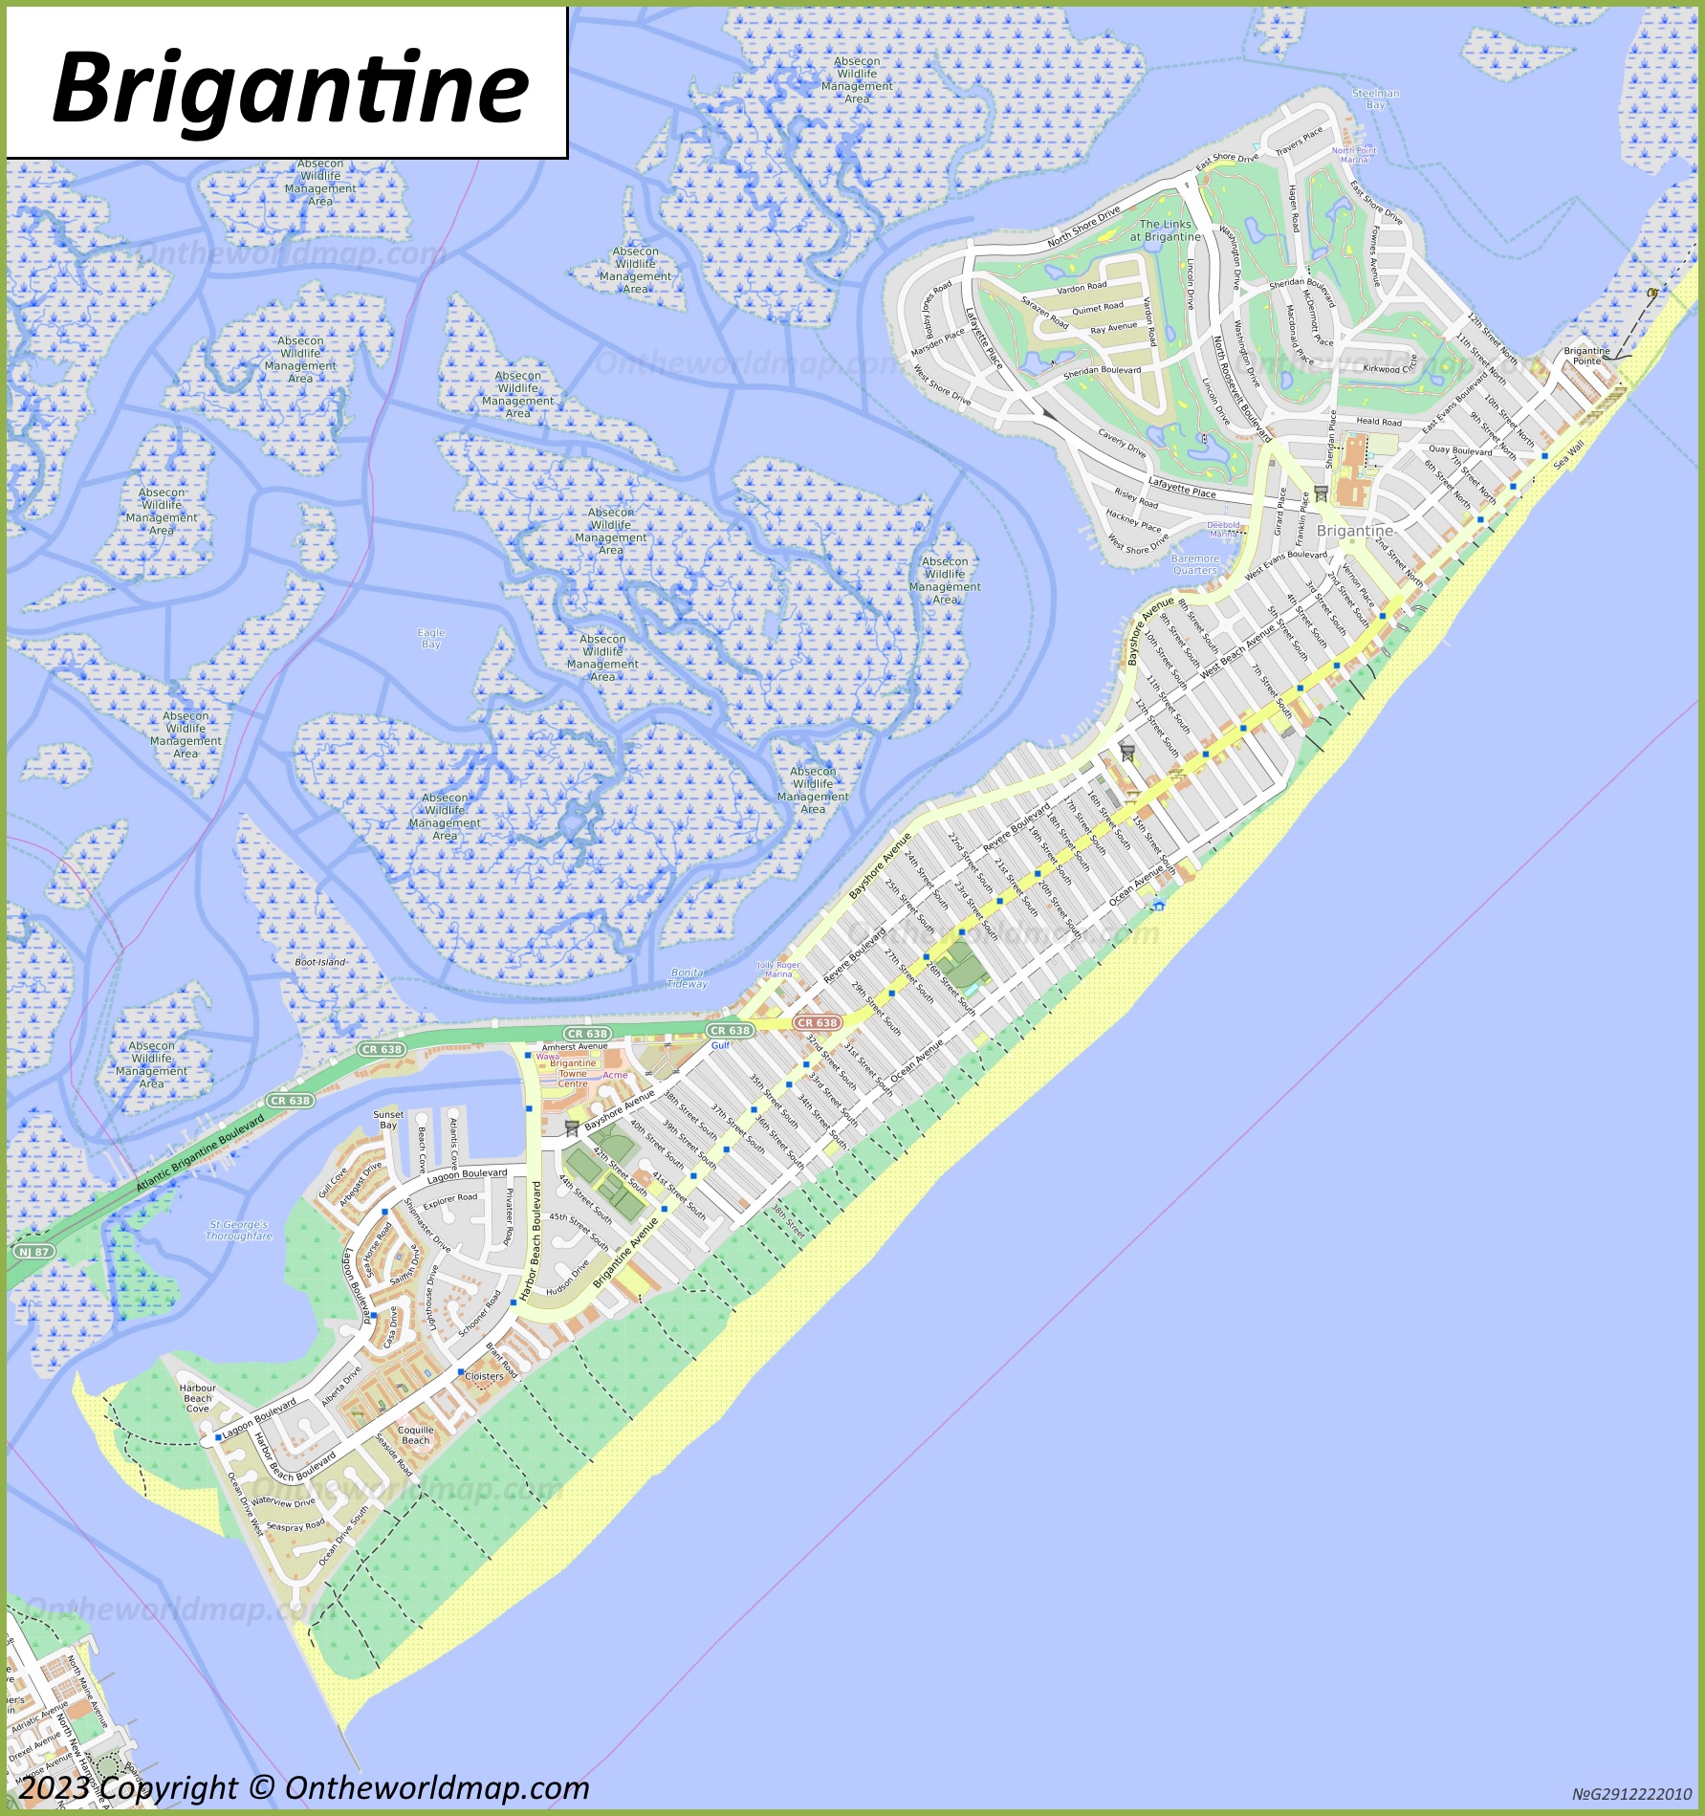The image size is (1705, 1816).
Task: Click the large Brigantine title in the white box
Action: tap(290, 88)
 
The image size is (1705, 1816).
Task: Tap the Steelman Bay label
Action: tap(1375, 98)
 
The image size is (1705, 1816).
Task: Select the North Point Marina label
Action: tap(1354, 155)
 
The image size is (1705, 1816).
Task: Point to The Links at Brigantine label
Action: tap(1165, 230)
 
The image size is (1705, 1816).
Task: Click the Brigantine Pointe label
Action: tap(1586, 356)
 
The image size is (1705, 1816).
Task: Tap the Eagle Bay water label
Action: tap(431, 638)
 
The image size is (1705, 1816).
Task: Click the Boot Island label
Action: tap(320, 962)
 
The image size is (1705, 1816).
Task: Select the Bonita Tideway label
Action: tap(687, 977)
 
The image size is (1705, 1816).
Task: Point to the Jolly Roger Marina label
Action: tap(778, 970)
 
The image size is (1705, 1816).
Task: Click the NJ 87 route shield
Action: tap(33, 1251)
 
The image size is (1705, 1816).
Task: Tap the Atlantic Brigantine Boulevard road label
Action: tap(200, 1152)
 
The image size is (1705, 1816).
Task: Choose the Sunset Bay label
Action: tap(388, 1119)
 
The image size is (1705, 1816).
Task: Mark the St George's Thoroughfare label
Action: tap(239, 1230)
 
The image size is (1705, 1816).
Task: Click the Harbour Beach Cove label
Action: tap(198, 1397)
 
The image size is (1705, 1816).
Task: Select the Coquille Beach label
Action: tap(416, 1434)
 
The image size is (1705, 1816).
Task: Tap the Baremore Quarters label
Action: tap(1195, 564)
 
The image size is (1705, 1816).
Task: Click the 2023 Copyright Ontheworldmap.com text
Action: tap(304, 1787)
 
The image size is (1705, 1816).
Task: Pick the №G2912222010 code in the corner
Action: tap(1631, 1794)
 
